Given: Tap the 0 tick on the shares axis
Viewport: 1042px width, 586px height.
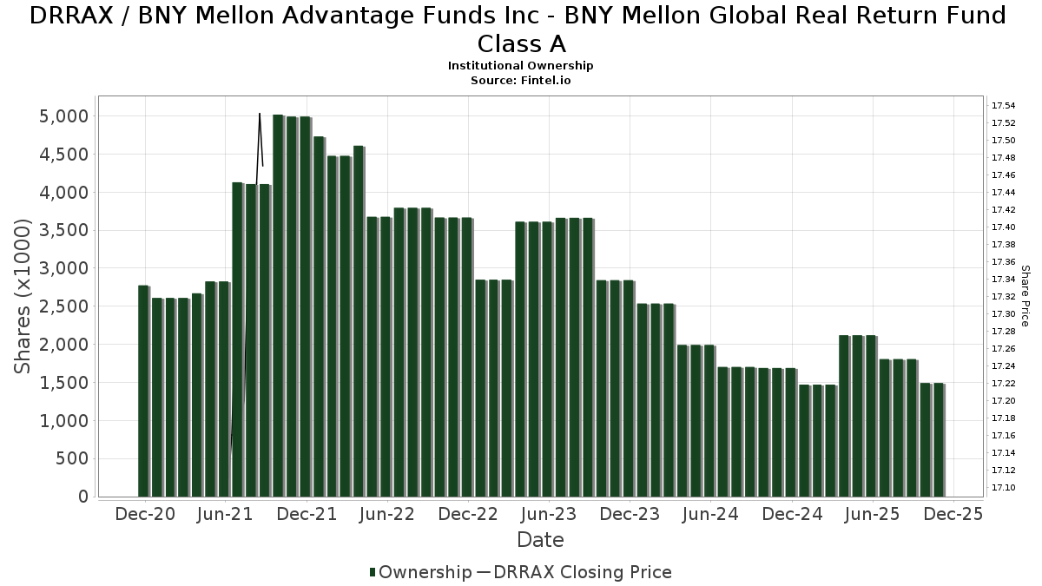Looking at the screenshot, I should [x=83, y=497].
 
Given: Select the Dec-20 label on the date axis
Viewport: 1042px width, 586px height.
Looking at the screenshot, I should [x=144, y=514].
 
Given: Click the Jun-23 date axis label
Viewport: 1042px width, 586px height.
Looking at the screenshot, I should [x=548, y=514].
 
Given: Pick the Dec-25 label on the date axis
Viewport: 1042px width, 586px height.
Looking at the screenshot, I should [x=953, y=514].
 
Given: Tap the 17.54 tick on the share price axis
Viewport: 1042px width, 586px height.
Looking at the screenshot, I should [x=1004, y=105].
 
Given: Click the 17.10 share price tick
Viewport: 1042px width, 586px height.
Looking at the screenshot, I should [x=1004, y=488].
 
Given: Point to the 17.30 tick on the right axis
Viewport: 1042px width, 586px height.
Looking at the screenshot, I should [x=1004, y=313].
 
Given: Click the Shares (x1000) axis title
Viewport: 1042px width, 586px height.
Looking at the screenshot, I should [x=23, y=296].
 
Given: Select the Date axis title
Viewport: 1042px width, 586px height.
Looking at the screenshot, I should [x=540, y=540].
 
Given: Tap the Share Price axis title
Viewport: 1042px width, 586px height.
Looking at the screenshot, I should [x=1026, y=296].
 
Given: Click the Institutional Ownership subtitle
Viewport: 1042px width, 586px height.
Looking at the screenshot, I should [x=520, y=66].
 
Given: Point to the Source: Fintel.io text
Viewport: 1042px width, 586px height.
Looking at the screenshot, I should [x=520, y=80].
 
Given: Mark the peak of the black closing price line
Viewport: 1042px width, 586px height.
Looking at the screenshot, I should [x=260, y=114].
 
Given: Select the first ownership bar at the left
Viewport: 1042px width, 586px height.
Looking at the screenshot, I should [x=143, y=391].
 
